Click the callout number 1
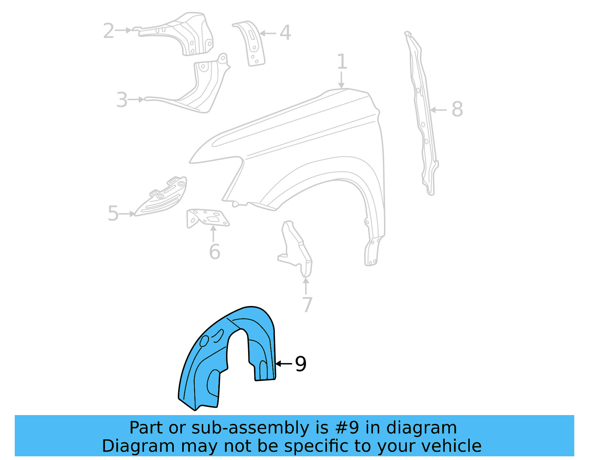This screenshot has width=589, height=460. (x=342, y=62)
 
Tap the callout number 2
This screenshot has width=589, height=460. (x=109, y=31)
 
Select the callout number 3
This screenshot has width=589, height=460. (x=122, y=100)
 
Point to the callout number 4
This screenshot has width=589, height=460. (x=285, y=33)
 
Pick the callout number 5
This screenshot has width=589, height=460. (x=113, y=214)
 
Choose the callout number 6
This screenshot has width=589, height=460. (x=214, y=252)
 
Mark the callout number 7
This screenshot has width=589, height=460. (x=307, y=305)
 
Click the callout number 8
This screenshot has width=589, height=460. (x=457, y=109)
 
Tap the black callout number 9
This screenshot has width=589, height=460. (x=300, y=364)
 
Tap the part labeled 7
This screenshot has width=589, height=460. (x=298, y=250)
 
